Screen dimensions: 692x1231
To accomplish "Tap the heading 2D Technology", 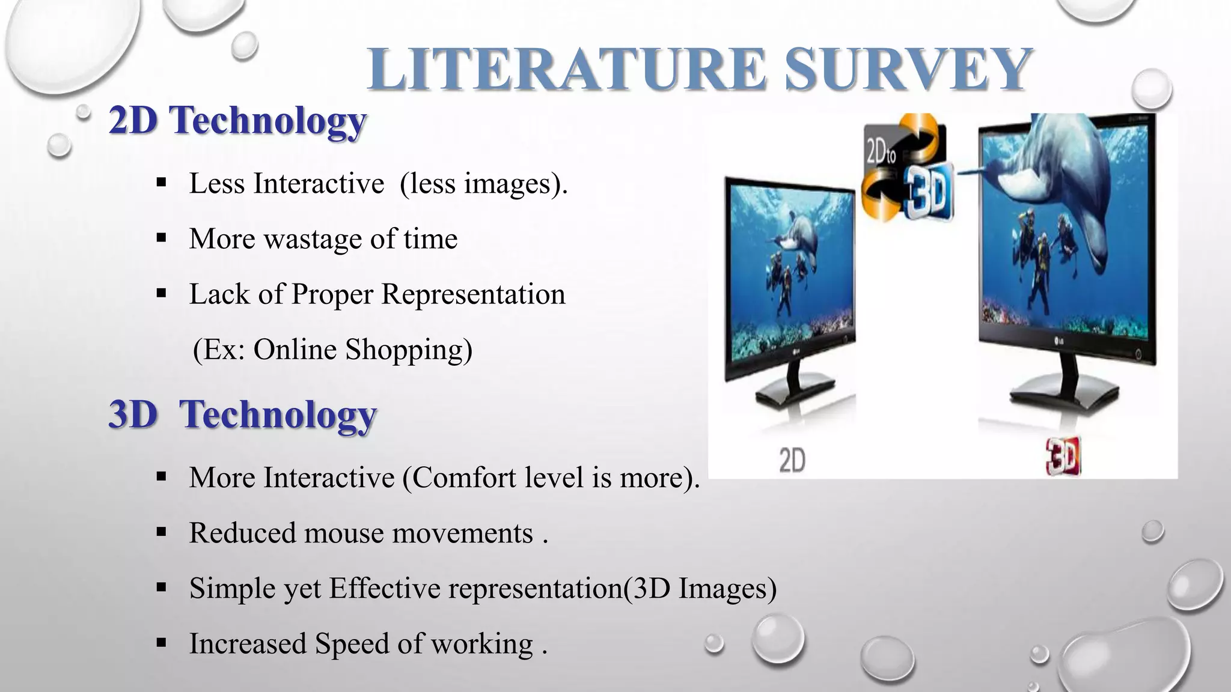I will pyautogui.click(x=237, y=121).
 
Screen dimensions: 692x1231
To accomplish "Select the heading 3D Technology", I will pyautogui.click(x=242, y=414).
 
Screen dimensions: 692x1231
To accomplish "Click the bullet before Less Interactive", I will pyautogui.click(x=160, y=183).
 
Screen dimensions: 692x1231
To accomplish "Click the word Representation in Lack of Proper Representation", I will pyautogui.click(x=473, y=294).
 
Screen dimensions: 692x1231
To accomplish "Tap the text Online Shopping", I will pyautogui.click(x=362, y=350).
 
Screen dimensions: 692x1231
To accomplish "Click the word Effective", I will pyautogui.click(x=385, y=588).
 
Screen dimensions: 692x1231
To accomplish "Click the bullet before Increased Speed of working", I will pyautogui.click(x=160, y=643).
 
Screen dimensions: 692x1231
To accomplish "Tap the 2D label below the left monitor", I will pyautogui.click(x=792, y=461).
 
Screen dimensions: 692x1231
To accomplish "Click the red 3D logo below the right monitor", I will pyautogui.click(x=1063, y=456).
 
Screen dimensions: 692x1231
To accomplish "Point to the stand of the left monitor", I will pyautogui.click(x=793, y=390).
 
